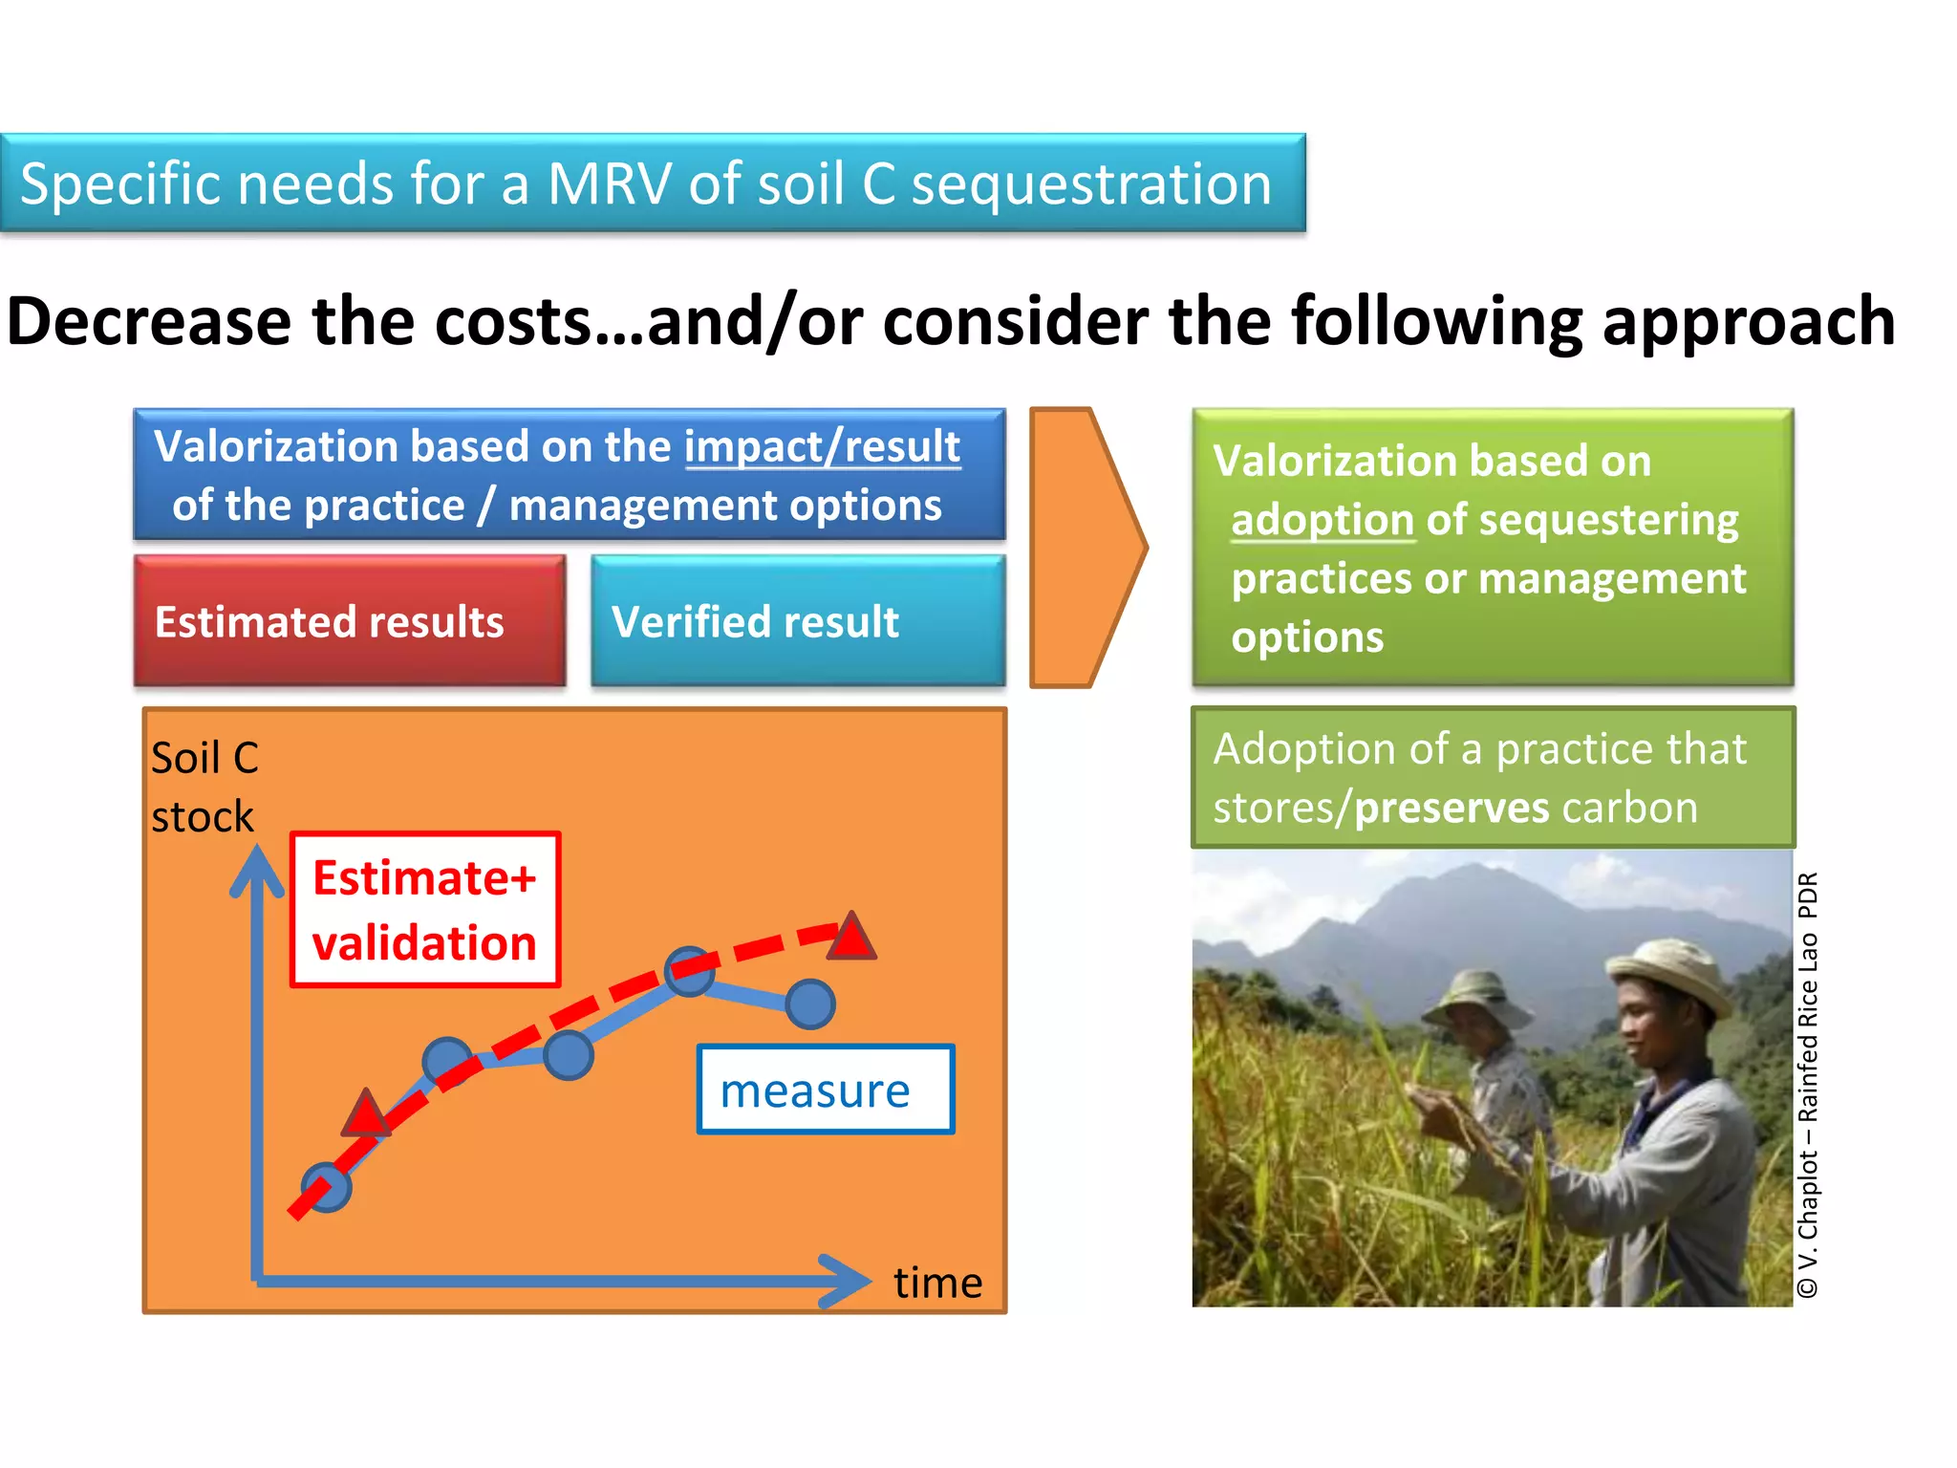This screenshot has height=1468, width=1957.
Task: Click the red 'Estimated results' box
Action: pyautogui.click(x=350, y=621)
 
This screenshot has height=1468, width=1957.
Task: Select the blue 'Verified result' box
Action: pyautogui.click(x=798, y=621)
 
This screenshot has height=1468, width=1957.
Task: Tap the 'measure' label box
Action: pyautogui.click(x=826, y=1090)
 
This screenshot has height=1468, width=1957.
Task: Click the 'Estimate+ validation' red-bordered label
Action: pyautogui.click(x=425, y=910)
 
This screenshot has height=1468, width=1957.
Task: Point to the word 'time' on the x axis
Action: pyautogui.click(x=937, y=1283)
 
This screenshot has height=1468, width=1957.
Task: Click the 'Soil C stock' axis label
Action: pyautogui.click(x=204, y=787)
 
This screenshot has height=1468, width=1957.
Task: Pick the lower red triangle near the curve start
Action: pyautogui.click(x=365, y=1114)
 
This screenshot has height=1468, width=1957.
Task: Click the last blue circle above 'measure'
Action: pyautogui.click(x=810, y=1004)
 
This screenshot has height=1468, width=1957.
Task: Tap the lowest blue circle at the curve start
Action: pyautogui.click(x=327, y=1188)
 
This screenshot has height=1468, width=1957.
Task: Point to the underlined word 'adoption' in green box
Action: pyautogui.click(x=1322, y=521)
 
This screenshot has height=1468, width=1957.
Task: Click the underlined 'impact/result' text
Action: pyautogui.click(x=822, y=446)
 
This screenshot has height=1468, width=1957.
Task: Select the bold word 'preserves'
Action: pyautogui.click(x=1452, y=809)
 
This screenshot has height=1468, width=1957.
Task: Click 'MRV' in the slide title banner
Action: pyautogui.click(x=609, y=183)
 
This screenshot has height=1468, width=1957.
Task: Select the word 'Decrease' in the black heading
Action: pyautogui.click(x=148, y=322)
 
